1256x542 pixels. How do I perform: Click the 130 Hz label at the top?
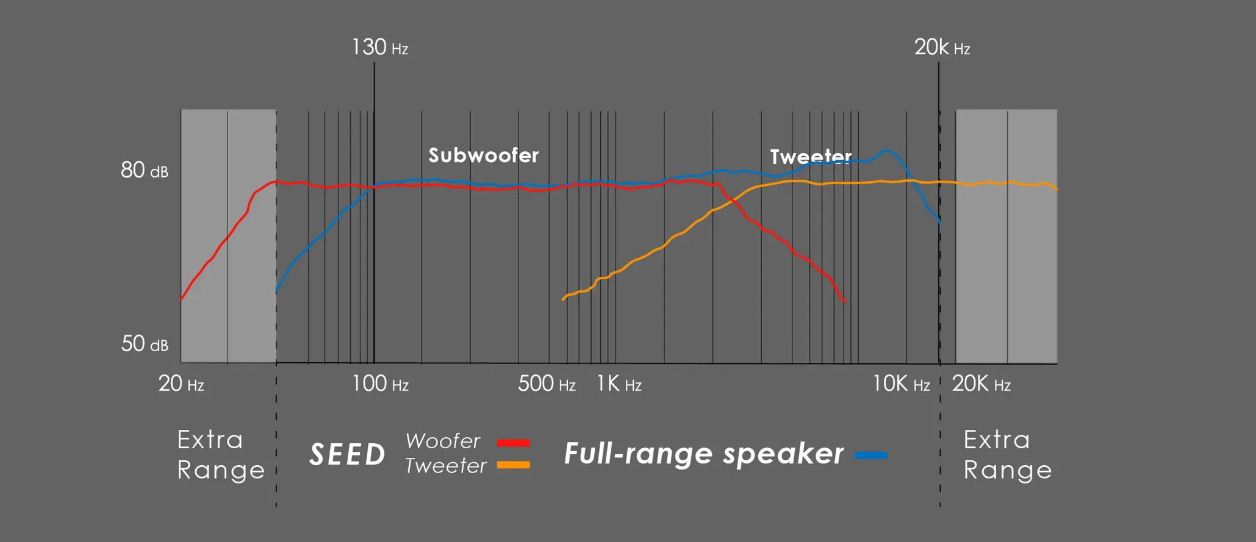coord(379,47)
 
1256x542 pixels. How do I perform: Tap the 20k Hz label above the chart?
coord(942,47)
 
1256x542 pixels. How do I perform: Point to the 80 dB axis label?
coord(145,170)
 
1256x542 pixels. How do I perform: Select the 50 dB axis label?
coord(145,344)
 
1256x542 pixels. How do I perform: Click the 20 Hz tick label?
coord(181,383)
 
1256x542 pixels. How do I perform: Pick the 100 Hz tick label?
coord(380,383)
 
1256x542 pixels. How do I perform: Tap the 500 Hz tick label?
coord(547,383)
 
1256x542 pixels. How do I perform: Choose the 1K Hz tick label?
coord(619,383)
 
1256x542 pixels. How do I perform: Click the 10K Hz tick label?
coord(901,383)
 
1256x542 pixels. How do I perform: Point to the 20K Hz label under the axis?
coord(981,383)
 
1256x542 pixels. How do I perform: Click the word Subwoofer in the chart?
coord(484,155)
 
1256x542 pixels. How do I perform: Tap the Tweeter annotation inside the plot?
coord(811,157)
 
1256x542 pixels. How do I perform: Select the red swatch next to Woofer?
coord(514,443)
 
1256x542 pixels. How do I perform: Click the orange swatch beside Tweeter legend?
coord(514,465)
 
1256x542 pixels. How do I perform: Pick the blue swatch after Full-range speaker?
coord(871,455)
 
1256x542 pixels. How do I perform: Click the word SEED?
coord(348,454)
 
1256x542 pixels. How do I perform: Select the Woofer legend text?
coord(443,441)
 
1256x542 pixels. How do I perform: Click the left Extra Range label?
coord(221,455)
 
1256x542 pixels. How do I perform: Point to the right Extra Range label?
coord(1008,455)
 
